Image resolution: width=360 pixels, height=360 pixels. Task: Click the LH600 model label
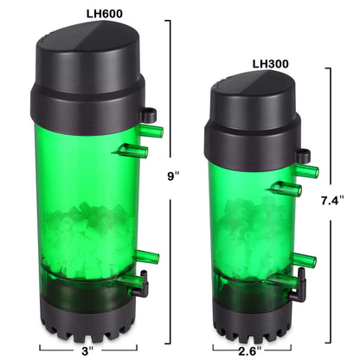(x=90, y=10)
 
